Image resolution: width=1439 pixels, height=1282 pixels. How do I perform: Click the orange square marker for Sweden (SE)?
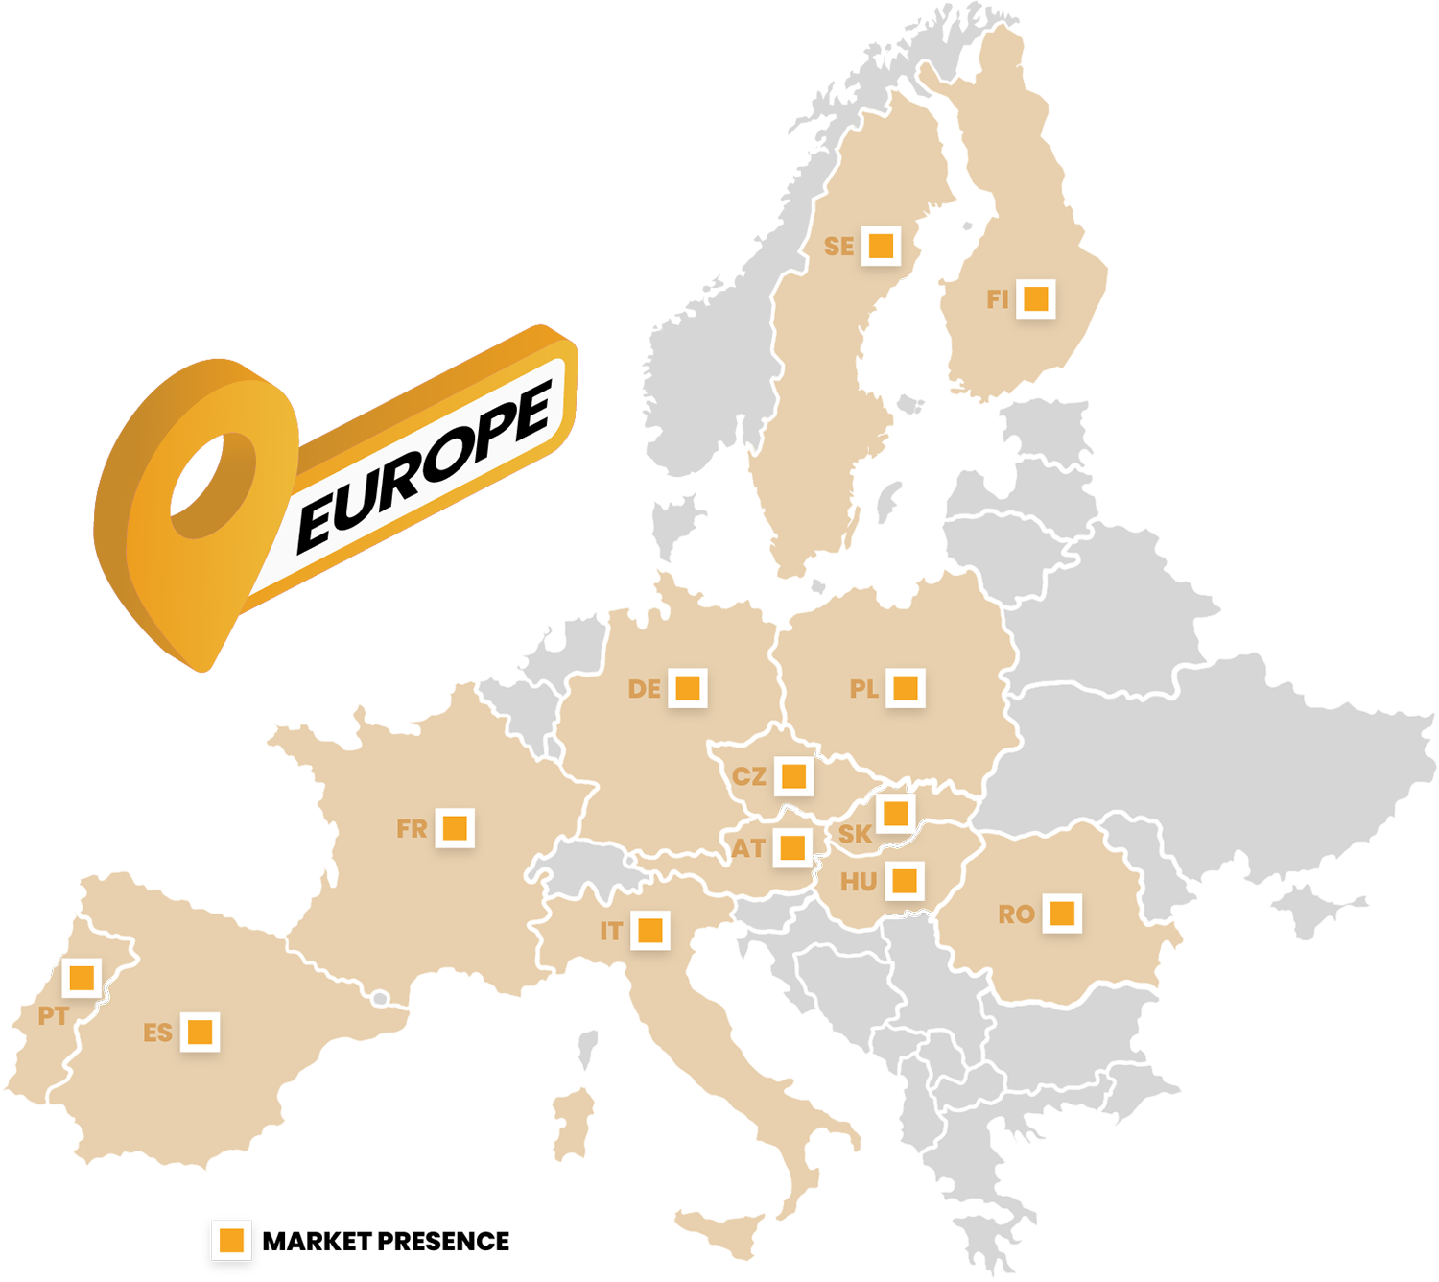tap(881, 246)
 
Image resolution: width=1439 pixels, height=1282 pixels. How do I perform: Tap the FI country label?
tap(997, 300)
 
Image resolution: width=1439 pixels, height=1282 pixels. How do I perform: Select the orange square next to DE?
tap(687, 688)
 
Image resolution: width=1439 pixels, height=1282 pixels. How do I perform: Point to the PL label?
tap(863, 689)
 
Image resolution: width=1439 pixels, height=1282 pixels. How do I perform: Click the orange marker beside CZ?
tap(793, 775)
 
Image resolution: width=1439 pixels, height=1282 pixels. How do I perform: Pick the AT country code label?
tap(749, 849)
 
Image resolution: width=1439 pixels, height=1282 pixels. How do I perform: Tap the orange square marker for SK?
tap(895, 814)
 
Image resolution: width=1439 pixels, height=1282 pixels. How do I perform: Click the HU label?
tap(858, 883)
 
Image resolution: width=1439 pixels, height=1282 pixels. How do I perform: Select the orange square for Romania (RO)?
tap(1062, 913)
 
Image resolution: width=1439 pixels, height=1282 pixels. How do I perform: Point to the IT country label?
tap(611, 932)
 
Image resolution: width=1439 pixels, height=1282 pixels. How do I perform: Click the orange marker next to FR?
tap(455, 827)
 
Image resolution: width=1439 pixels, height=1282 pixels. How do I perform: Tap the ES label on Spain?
tap(157, 1033)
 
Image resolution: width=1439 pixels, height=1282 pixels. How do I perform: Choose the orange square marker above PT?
tap(82, 978)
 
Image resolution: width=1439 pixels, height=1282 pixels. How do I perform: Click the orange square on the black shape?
tap(231, 1240)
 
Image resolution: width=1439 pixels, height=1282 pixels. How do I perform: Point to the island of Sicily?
tap(720, 1230)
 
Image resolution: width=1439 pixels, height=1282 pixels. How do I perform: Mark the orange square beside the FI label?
tap(1035, 298)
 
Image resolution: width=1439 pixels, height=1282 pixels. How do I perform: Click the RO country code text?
tap(1016, 914)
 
